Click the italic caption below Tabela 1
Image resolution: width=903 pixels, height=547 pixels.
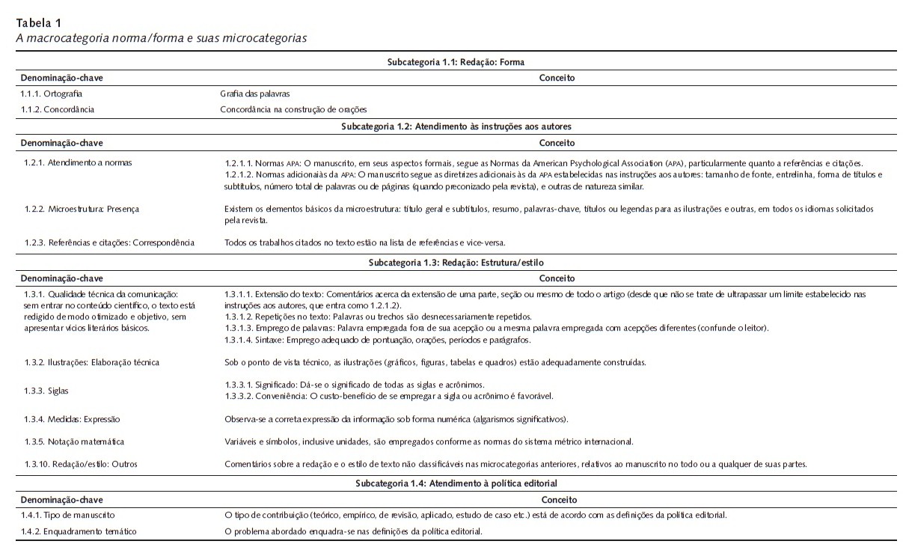162,37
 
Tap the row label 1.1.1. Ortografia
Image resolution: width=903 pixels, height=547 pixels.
52,94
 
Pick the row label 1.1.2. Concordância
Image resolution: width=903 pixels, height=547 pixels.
58,109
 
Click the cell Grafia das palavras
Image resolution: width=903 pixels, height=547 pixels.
254,94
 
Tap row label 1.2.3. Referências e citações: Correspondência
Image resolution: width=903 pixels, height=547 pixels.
109,242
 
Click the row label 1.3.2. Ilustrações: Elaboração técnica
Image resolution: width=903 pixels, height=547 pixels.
92,362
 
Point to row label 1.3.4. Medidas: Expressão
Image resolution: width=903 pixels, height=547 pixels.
72,419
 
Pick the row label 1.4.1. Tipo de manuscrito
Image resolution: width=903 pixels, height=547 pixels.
68,515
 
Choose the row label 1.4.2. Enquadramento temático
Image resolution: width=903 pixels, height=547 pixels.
79,531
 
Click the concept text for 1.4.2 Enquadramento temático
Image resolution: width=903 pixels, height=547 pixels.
354,531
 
